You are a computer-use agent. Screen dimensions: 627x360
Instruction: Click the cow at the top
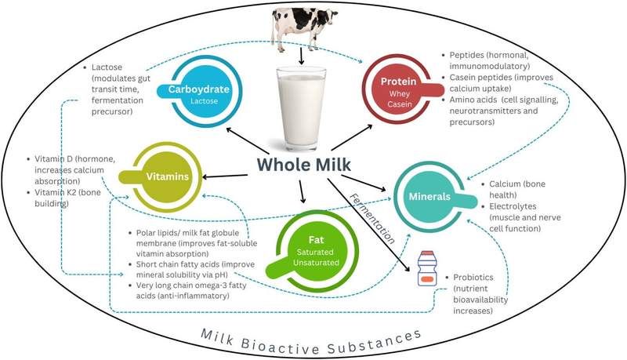click(303, 27)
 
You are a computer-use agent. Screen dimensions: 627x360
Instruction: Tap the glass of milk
click(302, 109)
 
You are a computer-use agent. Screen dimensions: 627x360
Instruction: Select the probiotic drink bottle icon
click(427, 268)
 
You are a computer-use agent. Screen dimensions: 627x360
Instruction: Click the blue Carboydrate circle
click(204, 92)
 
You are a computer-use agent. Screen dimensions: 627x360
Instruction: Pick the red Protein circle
click(400, 89)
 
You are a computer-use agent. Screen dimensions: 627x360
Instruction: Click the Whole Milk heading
click(304, 165)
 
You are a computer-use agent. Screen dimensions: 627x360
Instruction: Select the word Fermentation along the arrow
click(372, 218)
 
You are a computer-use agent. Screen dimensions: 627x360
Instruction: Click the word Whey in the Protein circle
click(400, 94)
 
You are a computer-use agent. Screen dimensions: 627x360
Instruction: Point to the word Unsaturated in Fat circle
click(316, 263)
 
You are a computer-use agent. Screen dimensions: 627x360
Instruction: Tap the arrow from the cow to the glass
click(301, 56)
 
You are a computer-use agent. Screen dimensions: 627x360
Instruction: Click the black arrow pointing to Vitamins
click(225, 176)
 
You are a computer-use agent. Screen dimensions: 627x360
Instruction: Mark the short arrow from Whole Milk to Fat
click(302, 191)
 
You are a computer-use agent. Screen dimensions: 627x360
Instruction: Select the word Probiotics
click(473, 277)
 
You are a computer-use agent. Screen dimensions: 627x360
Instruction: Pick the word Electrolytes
click(513, 206)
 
